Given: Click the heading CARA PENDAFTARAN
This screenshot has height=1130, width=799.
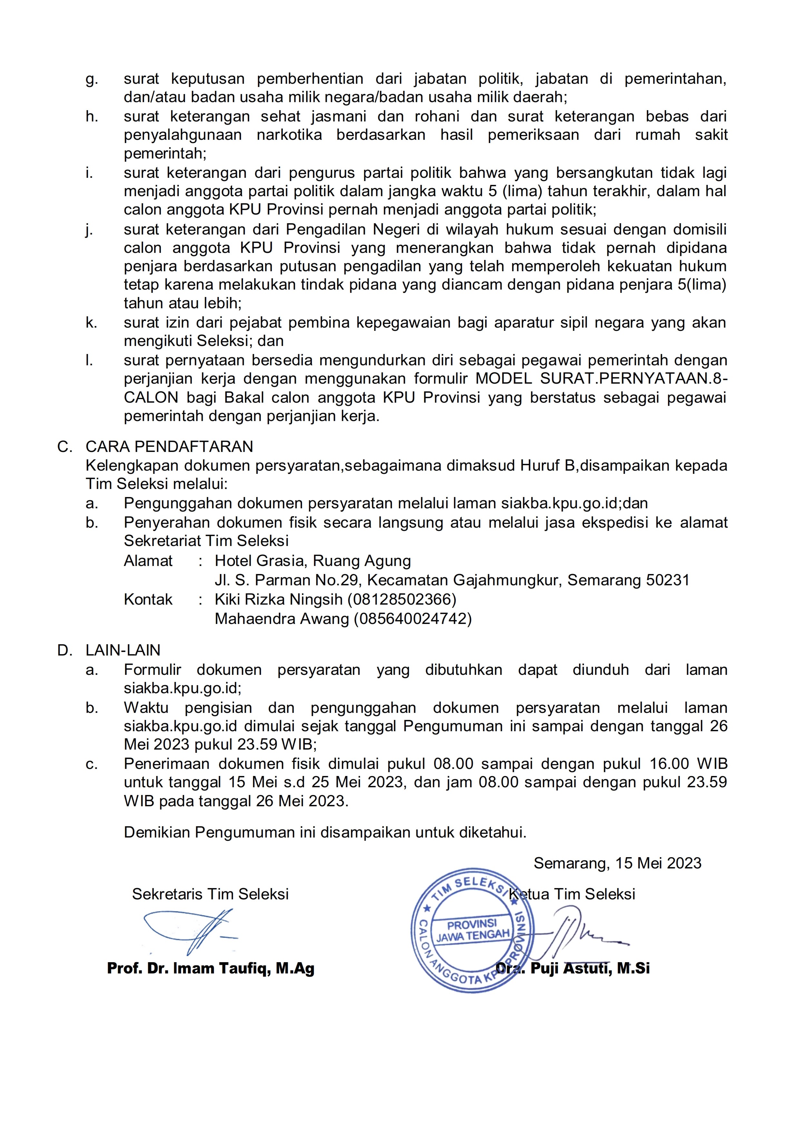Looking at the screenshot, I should pyautogui.click(x=169, y=446).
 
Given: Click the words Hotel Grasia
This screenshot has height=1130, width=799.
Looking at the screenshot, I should pyautogui.click(x=261, y=561).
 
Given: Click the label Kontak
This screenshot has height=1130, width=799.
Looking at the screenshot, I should pyautogui.click(x=148, y=599).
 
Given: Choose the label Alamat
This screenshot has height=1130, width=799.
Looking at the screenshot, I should pyautogui.click(x=148, y=561).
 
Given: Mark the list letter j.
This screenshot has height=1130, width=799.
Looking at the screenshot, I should pyautogui.click(x=89, y=230).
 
